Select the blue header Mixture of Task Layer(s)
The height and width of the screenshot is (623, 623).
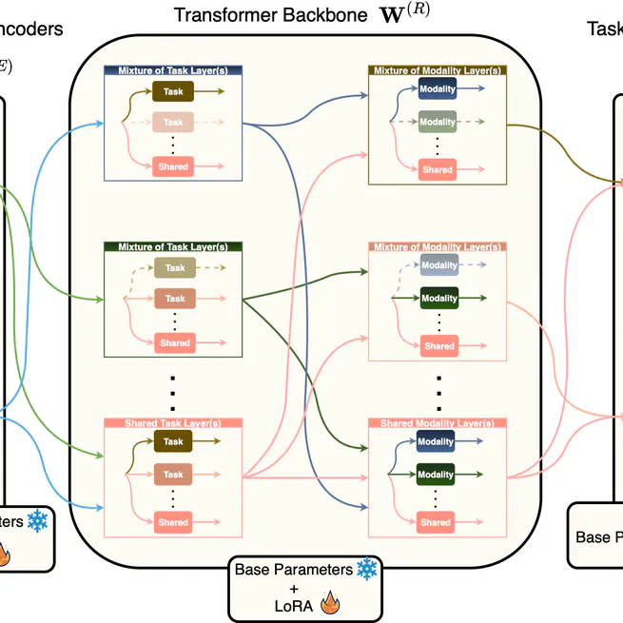[174, 70]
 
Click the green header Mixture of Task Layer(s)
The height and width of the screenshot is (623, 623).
[174, 246]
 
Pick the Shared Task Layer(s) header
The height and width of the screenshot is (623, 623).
[174, 422]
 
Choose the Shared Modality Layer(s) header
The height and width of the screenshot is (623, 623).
[437, 422]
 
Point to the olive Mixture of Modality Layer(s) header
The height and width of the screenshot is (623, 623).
[437, 70]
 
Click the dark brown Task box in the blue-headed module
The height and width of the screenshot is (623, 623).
[173, 91]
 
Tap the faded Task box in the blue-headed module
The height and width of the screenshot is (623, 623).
[173, 123]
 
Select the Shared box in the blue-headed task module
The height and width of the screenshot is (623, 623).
[173, 166]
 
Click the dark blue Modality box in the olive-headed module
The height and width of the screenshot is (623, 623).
[438, 89]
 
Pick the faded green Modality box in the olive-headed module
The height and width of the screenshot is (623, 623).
[438, 122]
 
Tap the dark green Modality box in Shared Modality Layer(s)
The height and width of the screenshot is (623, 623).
[437, 474]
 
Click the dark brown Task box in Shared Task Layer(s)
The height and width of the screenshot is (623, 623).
[173, 441]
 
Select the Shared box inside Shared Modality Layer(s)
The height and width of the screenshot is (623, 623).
[437, 522]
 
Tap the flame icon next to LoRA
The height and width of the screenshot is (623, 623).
[330, 602]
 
